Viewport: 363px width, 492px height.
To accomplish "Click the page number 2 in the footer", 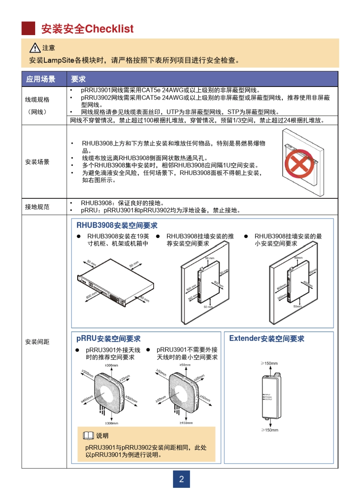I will coord(181,479).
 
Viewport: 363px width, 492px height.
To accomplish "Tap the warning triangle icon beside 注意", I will coord(35,48).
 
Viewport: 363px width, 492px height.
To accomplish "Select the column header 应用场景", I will coord(41,79).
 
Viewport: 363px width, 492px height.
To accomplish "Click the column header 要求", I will coord(78,79).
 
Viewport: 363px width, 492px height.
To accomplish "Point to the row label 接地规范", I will coord(37,207).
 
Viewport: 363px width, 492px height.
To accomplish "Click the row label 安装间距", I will coord(37,342).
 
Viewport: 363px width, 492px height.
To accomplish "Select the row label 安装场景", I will coord(37,162).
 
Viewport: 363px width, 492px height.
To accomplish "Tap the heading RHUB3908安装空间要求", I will coord(117,225).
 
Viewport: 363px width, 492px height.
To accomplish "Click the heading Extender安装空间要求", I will coord(267,339).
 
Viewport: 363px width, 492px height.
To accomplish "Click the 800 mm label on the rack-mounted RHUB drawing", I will coord(91,296).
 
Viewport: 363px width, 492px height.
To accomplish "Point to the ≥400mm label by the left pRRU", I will coord(87,399).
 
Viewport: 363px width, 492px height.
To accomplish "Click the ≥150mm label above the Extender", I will coord(269,363).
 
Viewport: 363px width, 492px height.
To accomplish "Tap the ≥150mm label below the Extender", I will coord(270,430).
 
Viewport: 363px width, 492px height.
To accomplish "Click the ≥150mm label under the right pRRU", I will coord(186,423).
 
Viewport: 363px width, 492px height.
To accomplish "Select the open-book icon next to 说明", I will coord(88,436).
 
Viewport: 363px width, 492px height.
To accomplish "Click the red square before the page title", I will coord(28,29).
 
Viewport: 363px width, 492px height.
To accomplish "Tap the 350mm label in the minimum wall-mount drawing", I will coord(282,297).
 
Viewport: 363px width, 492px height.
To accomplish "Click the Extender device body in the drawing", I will coord(271,397).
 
